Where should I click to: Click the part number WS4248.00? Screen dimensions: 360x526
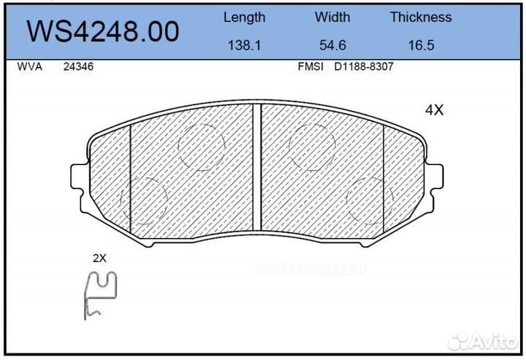click(103, 31)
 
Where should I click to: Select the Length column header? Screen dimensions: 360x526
click(244, 17)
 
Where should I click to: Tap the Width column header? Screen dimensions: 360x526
click(332, 17)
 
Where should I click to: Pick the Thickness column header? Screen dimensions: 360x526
click(420, 17)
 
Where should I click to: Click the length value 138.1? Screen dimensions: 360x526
click(244, 45)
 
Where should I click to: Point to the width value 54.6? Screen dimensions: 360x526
click(332, 45)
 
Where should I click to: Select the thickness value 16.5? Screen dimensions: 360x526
click(421, 45)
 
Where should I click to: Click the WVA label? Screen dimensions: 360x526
click(29, 66)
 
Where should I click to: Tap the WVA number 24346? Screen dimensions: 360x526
click(78, 66)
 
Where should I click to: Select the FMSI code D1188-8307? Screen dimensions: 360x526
click(363, 66)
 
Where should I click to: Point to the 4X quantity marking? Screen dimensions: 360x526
click(435, 110)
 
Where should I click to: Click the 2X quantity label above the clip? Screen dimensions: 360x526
click(100, 258)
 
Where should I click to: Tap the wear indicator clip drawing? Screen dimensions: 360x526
click(100, 294)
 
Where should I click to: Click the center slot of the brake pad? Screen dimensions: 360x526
click(256, 168)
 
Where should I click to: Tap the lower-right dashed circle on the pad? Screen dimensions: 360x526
click(369, 199)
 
